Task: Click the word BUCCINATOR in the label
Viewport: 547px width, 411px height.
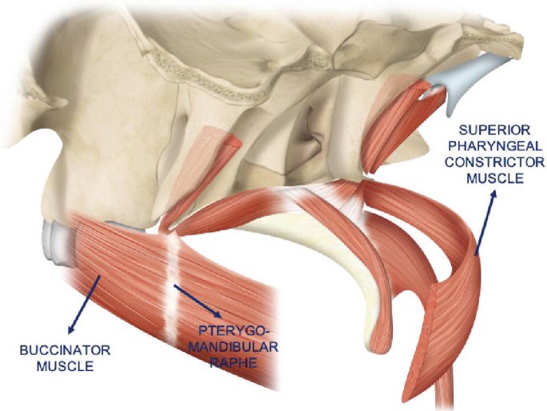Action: tap(55, 350)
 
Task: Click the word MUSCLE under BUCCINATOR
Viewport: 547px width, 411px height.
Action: tap(55, 365)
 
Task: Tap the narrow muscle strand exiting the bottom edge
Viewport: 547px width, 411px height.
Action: tap(443, 396)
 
